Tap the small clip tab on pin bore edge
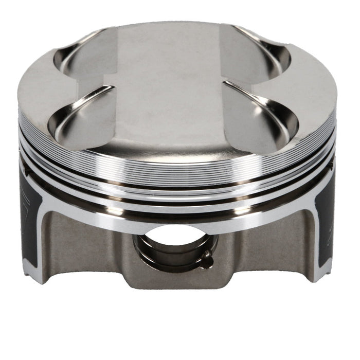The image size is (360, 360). coord(207,260)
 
